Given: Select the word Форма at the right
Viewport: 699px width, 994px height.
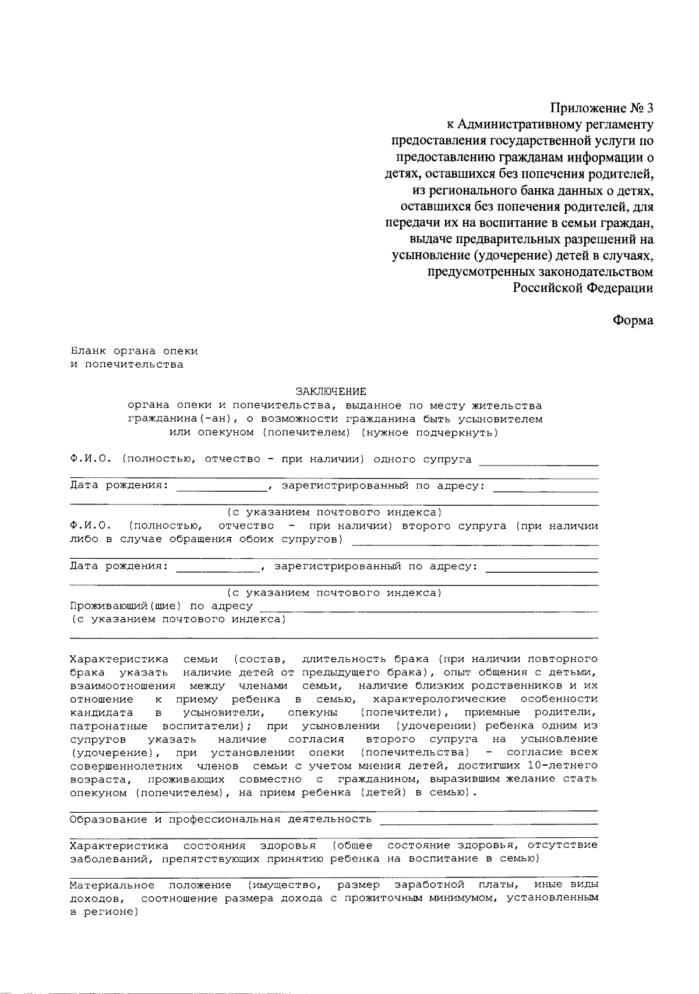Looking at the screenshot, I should [633, 320].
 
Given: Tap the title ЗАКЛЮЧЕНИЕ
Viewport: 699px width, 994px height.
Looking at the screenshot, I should [331, 392].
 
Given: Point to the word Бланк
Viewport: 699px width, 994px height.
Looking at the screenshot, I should [88, 351].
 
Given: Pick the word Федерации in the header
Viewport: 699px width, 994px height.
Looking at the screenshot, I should [619, 288].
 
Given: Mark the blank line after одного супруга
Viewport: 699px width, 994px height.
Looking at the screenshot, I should [538, 465].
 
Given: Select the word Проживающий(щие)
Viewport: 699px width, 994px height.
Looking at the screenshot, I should [126, 606].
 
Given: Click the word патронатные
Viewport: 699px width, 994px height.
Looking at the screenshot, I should [108, 726].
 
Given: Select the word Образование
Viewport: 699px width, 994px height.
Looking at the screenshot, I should [108, 820].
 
